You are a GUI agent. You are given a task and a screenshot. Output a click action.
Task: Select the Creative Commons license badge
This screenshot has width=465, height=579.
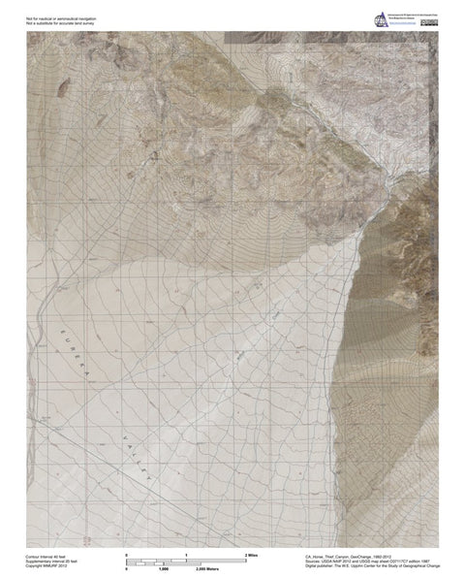428,22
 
